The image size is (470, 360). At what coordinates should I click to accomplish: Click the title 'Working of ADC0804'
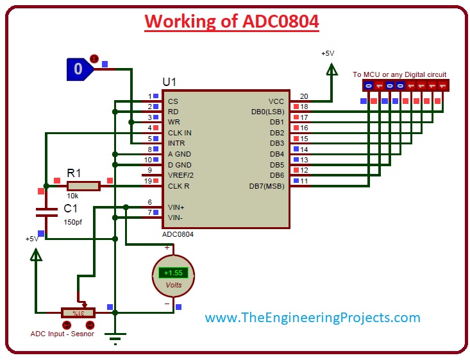(231, 21)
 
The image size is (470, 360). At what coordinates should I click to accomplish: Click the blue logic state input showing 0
(78, 69)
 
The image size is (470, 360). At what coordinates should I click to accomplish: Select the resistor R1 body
(83, 186)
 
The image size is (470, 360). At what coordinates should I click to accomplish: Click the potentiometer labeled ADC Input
(78, 313)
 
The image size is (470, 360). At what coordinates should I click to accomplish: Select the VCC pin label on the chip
(276, 101)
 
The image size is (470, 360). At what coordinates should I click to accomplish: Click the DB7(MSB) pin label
(266, 186)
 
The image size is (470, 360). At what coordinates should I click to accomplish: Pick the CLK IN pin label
(180, 133)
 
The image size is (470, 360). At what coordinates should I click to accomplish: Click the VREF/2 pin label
(181, 175)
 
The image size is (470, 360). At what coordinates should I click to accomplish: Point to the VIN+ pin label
(176, 207)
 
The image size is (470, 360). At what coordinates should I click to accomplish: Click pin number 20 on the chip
(303, 96)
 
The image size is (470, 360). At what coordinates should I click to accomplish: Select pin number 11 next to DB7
(304, 181)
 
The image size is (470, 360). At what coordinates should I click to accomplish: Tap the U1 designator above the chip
(170, 83)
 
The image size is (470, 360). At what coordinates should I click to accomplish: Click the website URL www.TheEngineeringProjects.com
(313, 318)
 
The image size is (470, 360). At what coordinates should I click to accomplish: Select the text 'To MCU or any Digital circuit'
(399, 74)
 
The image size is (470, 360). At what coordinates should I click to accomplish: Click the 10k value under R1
(72, 196)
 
